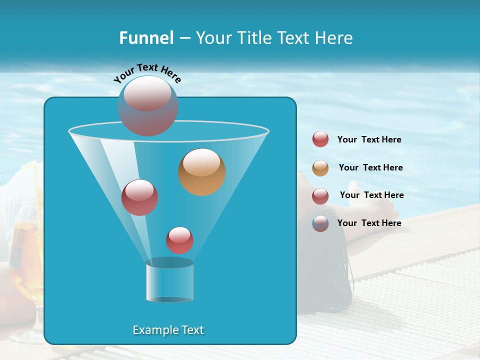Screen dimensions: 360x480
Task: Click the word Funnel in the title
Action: tap(146, 38)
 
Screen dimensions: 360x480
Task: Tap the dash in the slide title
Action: tap(184, 38)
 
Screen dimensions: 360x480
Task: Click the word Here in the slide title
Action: tap(334, 38)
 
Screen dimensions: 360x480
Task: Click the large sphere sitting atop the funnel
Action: tap(147, 105)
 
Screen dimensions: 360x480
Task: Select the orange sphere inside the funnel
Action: tap(201, 172)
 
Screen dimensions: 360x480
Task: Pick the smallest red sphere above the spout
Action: tap(179, 240)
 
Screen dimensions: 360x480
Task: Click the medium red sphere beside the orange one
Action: tap(139, 197)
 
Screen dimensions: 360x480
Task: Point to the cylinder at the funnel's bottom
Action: tap(169, 281)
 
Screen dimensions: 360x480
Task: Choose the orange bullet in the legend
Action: tap(320, 168)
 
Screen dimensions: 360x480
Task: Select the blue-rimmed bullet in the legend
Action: tap(320, 223)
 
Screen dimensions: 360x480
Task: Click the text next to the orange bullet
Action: tap(370, 167)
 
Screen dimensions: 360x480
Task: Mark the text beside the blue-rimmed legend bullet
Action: tap(369, 223)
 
